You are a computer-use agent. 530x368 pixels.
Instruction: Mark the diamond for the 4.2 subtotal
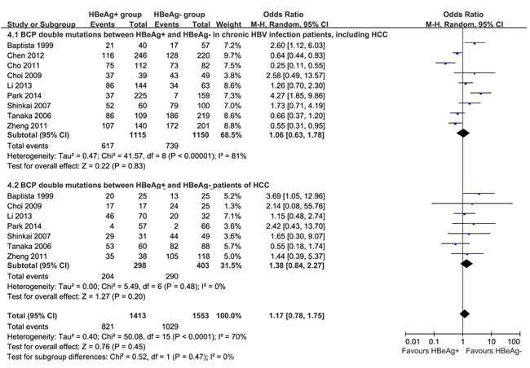(x=467, y=263)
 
